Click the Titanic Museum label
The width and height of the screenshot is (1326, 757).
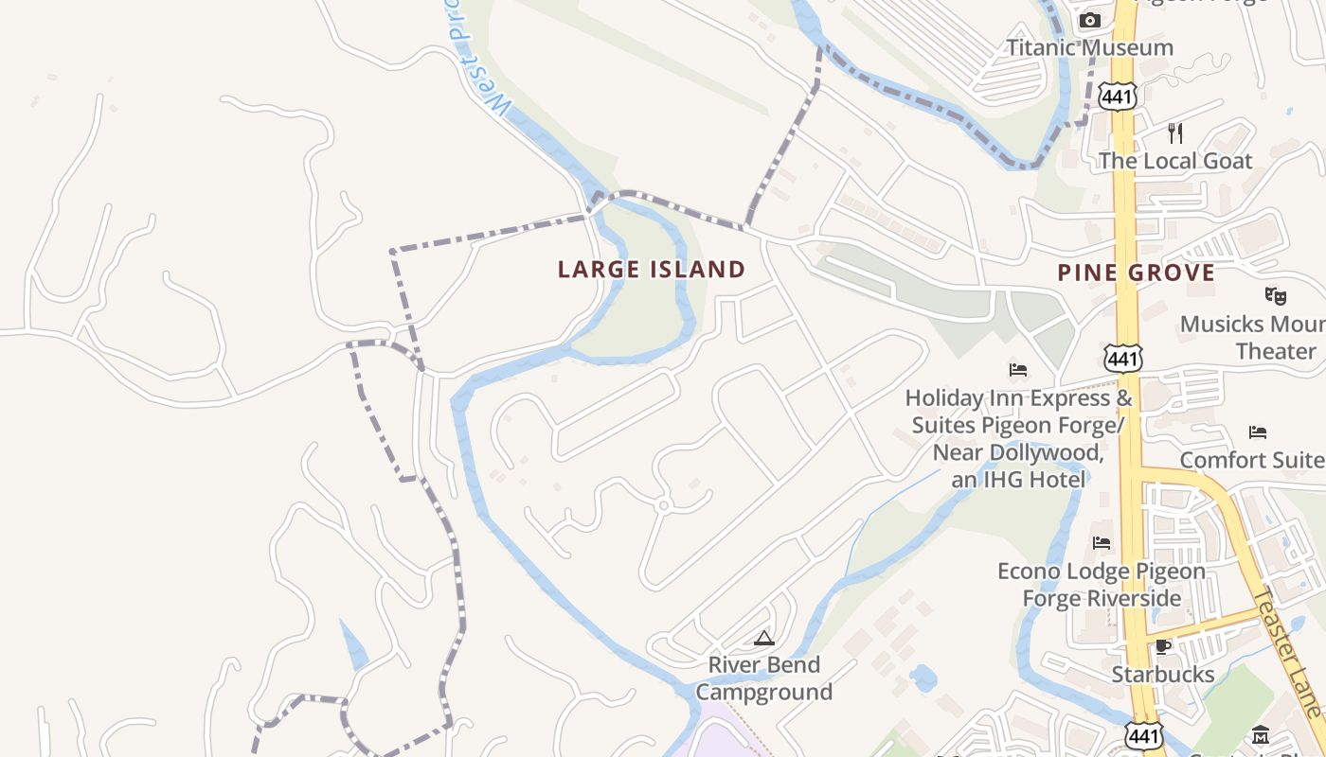tap(1089, 47)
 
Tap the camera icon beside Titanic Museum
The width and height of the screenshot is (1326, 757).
tap(1090, 20)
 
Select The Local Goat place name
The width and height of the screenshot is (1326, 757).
tap(1174, 161)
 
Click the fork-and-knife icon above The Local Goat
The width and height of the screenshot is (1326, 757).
tap(1175, 132)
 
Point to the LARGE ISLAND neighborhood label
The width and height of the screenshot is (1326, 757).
tap(652, 270)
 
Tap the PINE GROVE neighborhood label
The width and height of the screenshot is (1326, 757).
tap(1136, 273)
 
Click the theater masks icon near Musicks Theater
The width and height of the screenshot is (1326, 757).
tap(1276, 296)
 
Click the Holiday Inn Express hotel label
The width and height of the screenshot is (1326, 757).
tap(1018, 438)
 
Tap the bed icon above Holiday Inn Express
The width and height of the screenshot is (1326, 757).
tap(1018, 369)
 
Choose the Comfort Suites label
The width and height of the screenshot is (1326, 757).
tap(1251, 460)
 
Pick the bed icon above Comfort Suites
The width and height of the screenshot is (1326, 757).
tap(1258, 432)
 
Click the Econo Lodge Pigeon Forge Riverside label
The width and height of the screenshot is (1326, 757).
tap(1102, 585)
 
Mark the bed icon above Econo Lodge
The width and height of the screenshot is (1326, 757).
tap(1102, 543)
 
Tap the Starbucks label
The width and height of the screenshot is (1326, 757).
tap(1162, 675)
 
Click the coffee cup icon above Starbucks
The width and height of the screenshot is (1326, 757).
tap(1163, 646)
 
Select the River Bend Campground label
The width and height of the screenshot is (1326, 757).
tap(764, 678)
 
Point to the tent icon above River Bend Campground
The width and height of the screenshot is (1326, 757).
tap(764, 638)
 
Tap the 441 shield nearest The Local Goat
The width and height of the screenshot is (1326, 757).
tap(1118, 96)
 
